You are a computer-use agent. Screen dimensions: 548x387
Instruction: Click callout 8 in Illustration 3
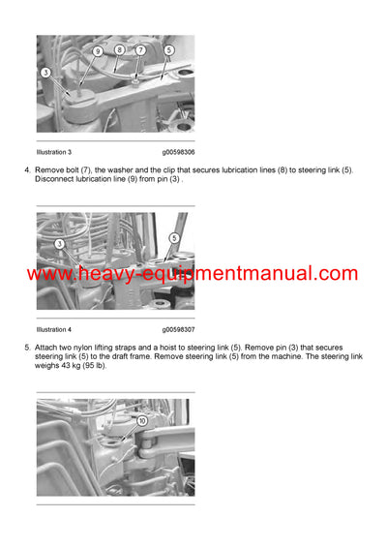point(119,49)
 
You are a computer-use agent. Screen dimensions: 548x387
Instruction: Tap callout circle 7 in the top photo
point(140,49)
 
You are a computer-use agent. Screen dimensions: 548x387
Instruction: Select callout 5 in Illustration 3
point(168,49)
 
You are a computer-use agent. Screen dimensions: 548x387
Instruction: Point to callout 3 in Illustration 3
point(45,72)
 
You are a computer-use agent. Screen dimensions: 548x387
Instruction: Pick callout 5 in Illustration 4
point(174,237)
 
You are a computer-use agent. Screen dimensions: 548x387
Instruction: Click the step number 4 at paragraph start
point(26,170)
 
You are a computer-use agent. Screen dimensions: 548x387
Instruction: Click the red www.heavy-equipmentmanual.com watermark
point(193,274)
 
